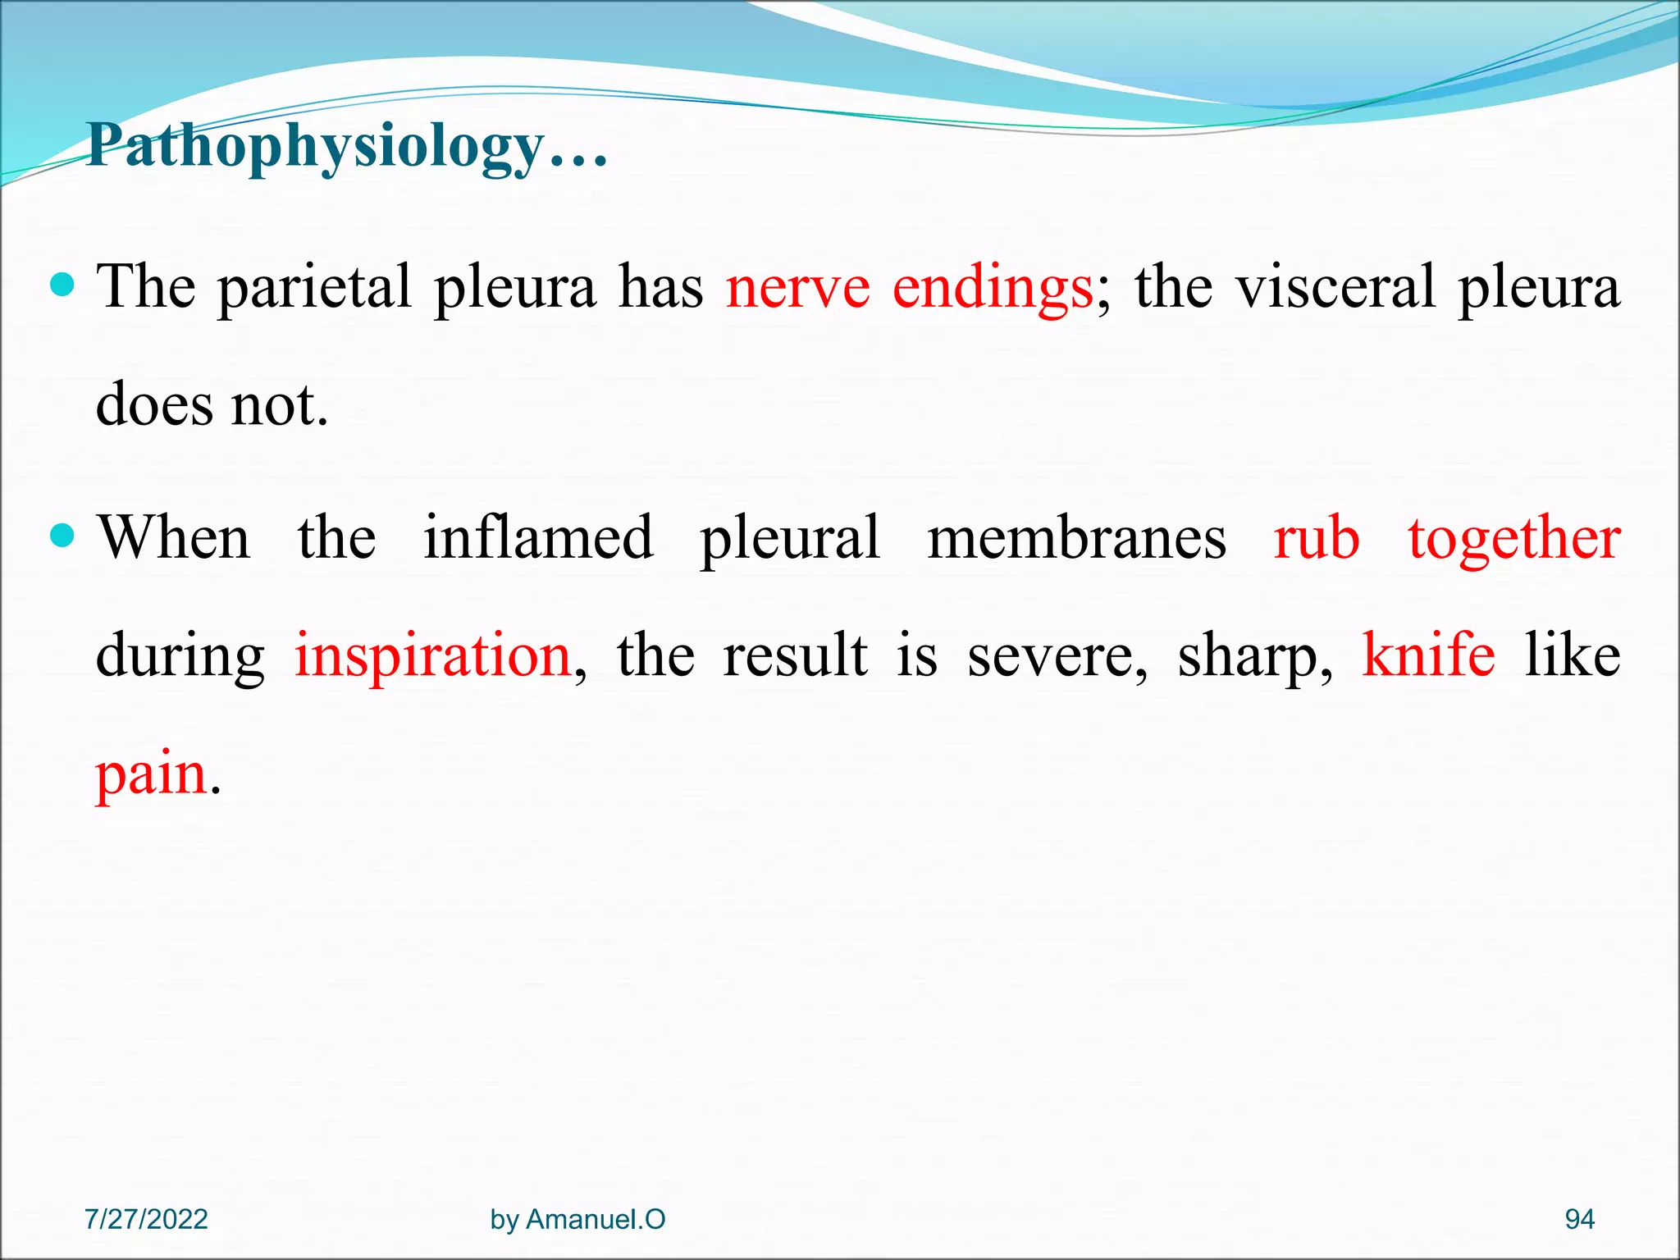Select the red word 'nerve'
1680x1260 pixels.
tap(797, 289)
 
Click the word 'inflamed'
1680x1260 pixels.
tap(538, 538)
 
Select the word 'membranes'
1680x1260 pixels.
tap(1077, 538)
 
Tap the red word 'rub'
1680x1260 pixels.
tap(1316, 538)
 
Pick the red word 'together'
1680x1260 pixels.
tap(1514, 540)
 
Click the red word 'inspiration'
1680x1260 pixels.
tap(432, 657)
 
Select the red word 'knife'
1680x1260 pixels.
tap(1428, 655)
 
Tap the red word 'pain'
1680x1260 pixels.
tap(151, 775)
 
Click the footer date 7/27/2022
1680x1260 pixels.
tap(146, 1219)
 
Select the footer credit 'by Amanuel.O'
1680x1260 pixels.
tap(577, 1220)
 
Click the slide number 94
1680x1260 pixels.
tap(1579, 1219)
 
